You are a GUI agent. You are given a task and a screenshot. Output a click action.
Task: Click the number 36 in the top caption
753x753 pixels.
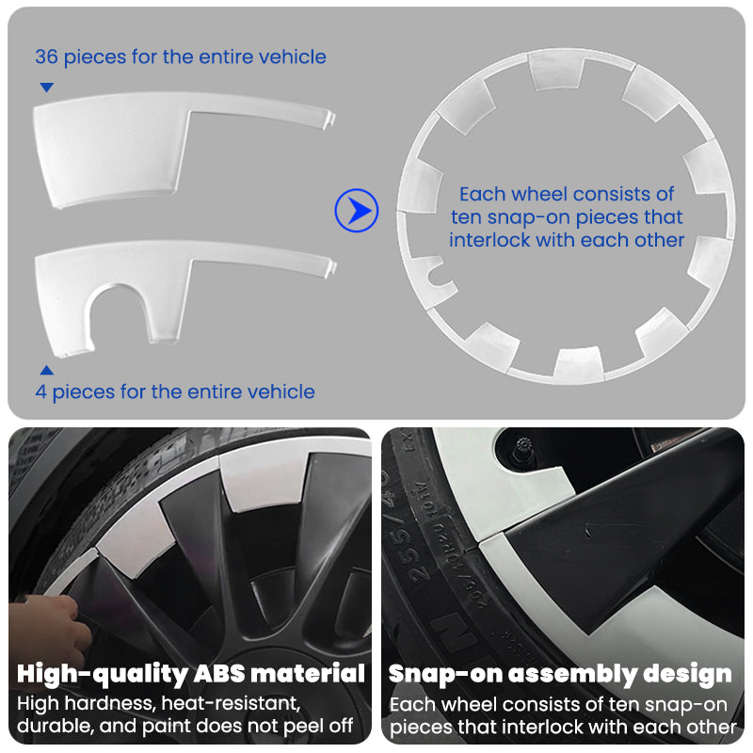coord(46,56)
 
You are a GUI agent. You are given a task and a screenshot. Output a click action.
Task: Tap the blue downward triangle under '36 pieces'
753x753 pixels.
coord(46,88)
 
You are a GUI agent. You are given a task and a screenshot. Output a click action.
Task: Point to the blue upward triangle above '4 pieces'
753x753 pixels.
coord(46,370)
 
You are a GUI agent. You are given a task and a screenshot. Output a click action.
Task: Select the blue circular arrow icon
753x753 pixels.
coord(357,211)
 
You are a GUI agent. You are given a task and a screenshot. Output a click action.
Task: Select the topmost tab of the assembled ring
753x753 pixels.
coord(557,70)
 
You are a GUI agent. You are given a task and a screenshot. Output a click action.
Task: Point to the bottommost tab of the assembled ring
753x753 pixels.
coord(576,362)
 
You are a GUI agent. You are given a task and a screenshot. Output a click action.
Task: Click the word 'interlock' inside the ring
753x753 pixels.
coord(489,240)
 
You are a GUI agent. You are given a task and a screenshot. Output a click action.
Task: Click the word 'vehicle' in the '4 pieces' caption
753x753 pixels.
coord(282,392)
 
